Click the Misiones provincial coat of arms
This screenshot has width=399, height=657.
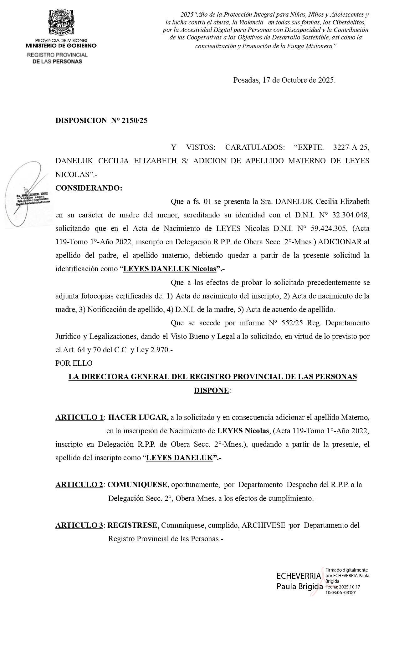(x=61, y=23)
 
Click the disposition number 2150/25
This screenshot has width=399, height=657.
(x=135, y=120)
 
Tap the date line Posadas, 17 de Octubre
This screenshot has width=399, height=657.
(x=284, y=80)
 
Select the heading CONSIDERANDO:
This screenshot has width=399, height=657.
(x=89, y=188)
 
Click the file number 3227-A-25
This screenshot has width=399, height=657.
(x=351, y=147)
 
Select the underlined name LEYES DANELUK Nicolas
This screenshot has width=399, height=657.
(x=170, y=269)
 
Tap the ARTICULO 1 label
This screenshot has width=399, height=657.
(x=79, y=417)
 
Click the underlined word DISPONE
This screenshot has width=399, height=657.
(x=211, y=390)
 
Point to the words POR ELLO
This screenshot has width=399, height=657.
(x=74, y=363)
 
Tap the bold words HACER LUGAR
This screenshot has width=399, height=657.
(x=138, y=417)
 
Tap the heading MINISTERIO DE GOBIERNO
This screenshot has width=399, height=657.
(x=61, y=46)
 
